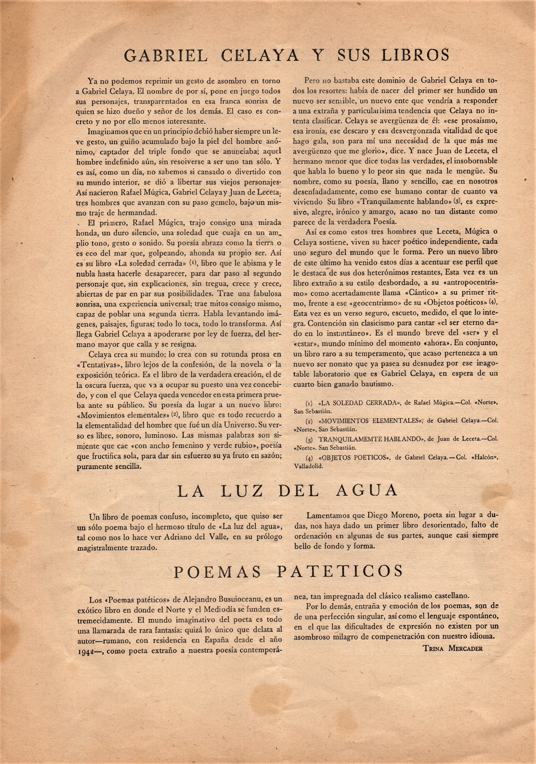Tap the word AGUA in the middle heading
coord(368,491)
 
